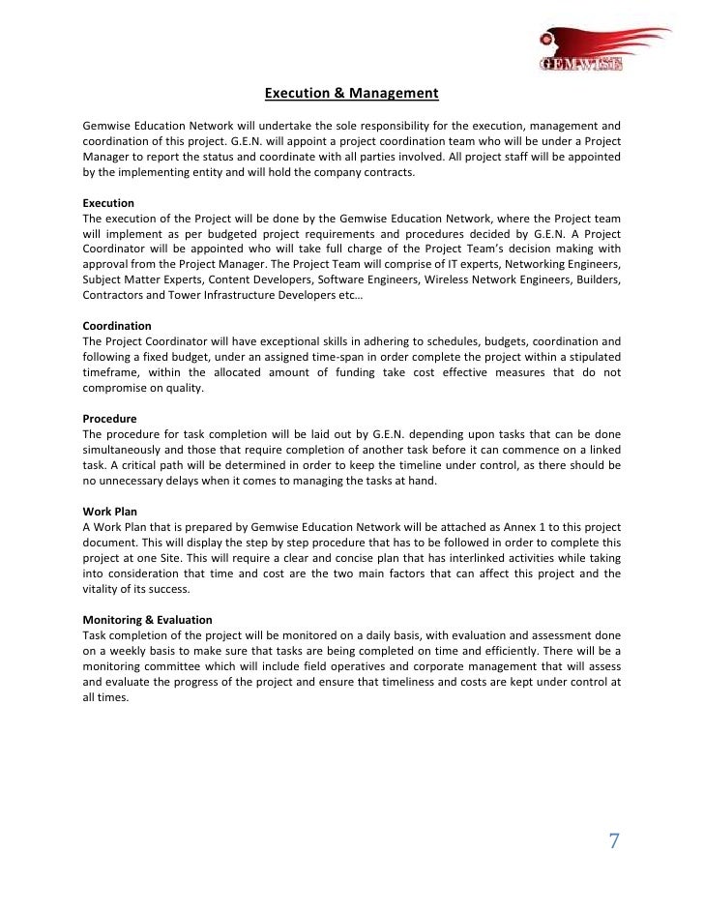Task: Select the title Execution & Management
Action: (352, 94)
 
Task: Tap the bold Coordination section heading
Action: (117, 326)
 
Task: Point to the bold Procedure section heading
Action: (109, 419)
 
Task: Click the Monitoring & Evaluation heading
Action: (148, 619)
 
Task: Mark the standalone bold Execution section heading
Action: (108, 203)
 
